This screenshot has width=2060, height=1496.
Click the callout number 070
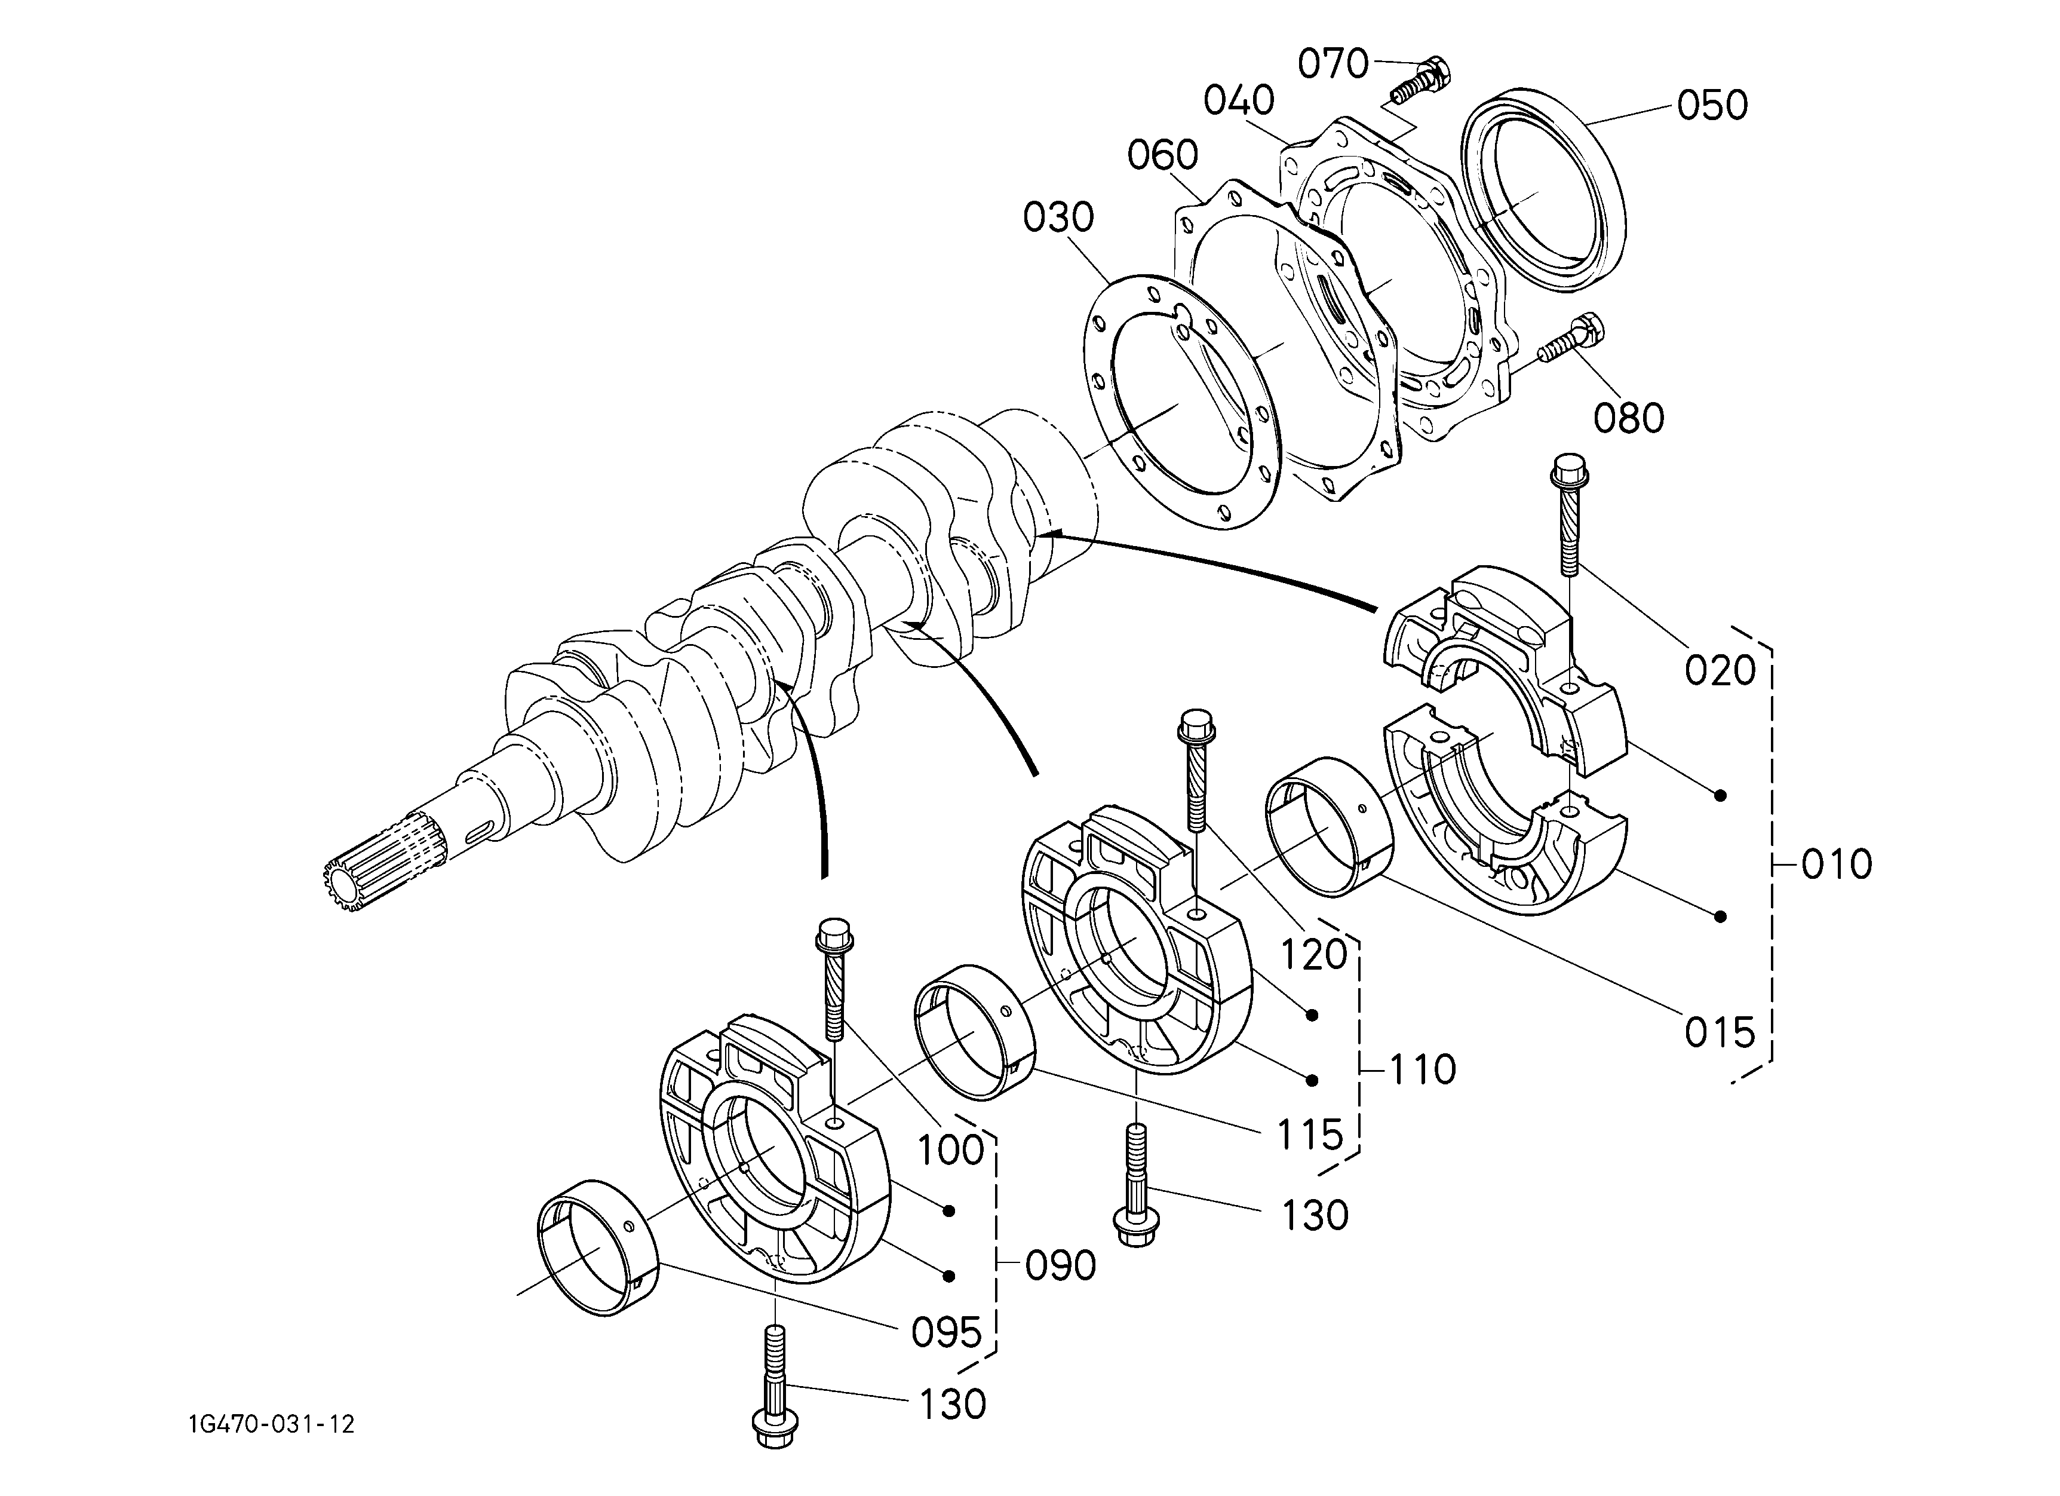1333,65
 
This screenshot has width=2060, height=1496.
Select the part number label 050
1712,105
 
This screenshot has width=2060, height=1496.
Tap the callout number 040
1240,101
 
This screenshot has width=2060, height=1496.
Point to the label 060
1163,155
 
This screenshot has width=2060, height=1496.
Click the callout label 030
1059,218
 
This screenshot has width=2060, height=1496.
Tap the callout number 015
1720,1033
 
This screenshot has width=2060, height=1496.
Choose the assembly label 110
1422,1070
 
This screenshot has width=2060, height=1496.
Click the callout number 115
1310,1135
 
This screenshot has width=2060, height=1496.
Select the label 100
951,1151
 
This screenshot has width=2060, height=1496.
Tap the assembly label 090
1061,1265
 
